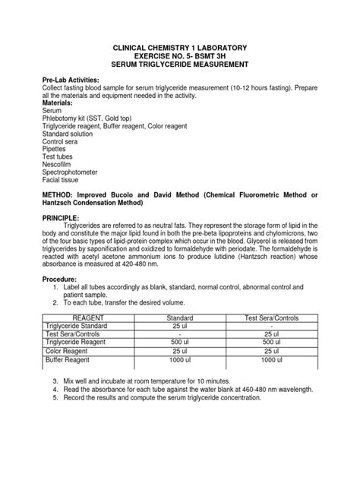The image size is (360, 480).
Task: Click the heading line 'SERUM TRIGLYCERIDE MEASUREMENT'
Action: coord(179,66)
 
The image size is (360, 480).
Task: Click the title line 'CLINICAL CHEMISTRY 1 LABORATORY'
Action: coord(179,48)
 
